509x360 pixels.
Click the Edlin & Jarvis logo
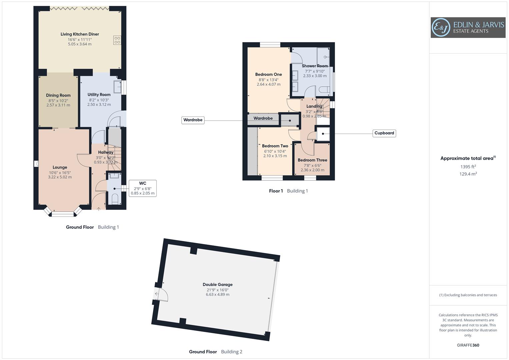468,28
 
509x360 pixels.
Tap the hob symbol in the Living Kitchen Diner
117,40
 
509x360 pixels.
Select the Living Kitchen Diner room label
80,34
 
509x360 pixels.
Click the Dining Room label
58,95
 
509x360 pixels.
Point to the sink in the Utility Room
117,87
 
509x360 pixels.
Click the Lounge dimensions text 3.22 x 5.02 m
60,177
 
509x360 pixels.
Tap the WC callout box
142,188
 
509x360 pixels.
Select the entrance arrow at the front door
98,209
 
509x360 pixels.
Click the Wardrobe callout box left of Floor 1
193,120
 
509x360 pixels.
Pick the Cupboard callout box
384,133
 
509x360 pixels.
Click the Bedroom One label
269,74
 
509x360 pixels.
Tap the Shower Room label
315,66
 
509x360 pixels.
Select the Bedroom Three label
312,160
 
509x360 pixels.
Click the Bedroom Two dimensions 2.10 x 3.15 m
275,156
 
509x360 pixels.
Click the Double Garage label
218,284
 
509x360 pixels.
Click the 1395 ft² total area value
468,167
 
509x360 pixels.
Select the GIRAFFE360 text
468,345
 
